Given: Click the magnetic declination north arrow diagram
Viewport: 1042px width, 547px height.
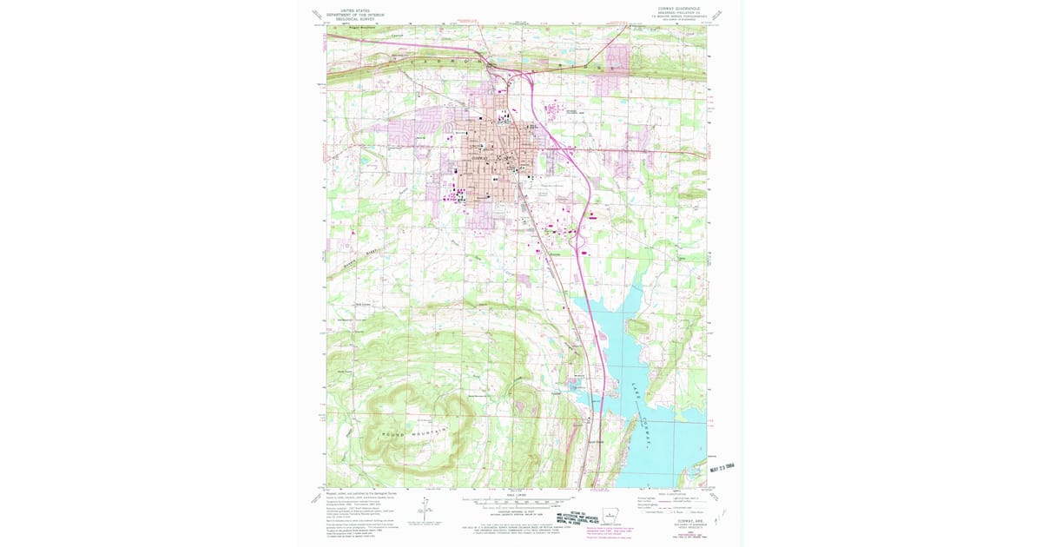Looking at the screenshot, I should tap(426, 513).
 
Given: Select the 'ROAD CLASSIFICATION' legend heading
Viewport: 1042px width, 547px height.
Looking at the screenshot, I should tap(672, 494).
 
